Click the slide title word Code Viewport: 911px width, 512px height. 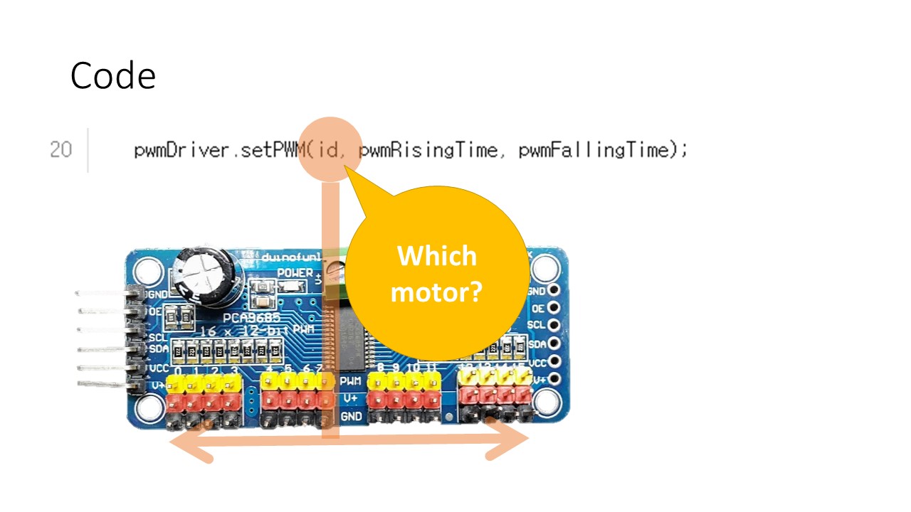pos(112,75)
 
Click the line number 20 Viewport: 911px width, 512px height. pos(60,150)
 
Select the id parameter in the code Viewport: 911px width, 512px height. pos(328,150)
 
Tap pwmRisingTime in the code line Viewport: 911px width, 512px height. pos(428,150)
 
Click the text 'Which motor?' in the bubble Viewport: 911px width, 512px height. pos(436,273)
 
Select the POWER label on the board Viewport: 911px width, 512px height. pos(295,272)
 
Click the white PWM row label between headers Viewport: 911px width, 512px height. pos(351,382)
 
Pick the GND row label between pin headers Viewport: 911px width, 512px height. pos(351,416)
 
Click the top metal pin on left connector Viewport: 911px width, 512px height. pos(100,293)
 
